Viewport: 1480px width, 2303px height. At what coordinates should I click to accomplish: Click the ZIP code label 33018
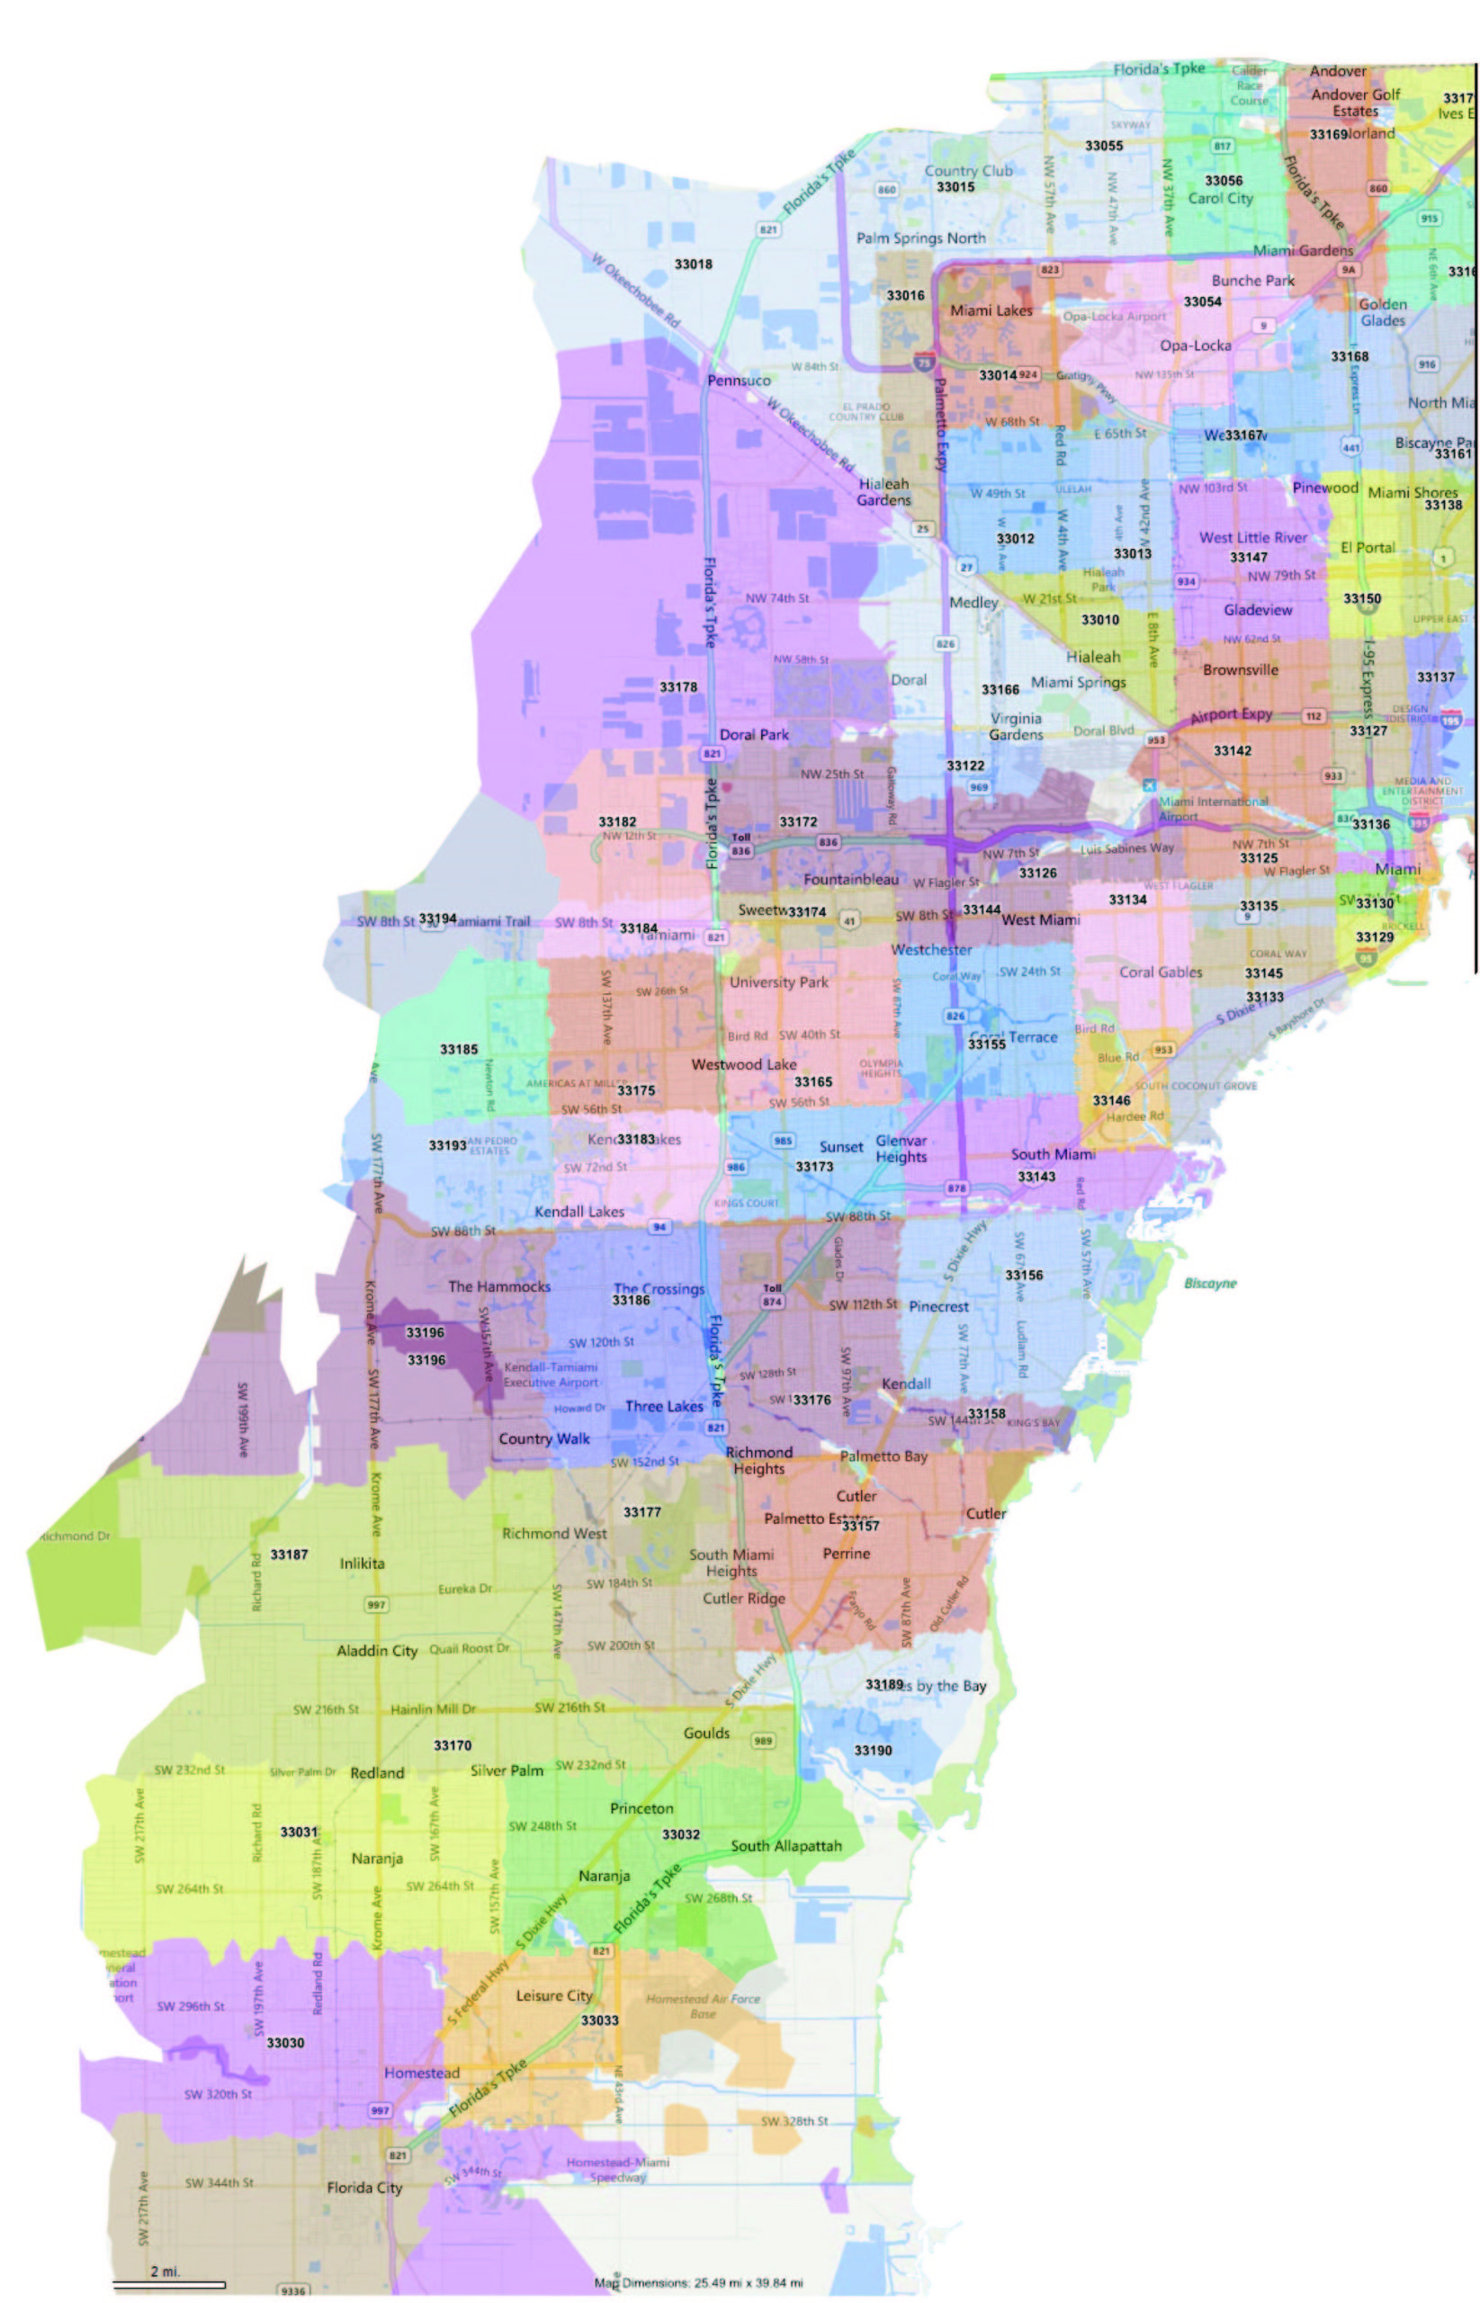point(693,264)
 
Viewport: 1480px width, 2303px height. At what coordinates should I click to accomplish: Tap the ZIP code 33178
point(677,687)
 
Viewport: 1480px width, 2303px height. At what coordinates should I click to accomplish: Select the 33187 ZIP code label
point(288,1555)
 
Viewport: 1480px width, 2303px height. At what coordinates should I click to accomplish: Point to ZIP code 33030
point(284,2043)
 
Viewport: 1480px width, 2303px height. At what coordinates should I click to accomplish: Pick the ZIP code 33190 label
point(873,1751)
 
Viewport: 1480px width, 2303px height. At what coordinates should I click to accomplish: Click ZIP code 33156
point(1024,1275)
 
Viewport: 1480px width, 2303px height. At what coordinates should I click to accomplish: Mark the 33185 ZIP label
point(459,1049)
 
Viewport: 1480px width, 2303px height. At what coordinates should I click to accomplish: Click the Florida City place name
point(364,2188)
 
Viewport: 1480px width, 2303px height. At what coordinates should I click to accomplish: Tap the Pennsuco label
point(738,381)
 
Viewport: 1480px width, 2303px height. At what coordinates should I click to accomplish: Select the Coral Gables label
point(1160,972)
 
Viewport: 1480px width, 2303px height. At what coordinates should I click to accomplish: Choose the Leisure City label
point(553,1995)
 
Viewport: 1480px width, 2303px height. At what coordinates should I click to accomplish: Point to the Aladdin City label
point(377,1651)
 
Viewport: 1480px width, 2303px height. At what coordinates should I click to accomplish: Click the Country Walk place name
point(544,1438)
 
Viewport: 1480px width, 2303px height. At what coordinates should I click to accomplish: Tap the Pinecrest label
point(938,1306)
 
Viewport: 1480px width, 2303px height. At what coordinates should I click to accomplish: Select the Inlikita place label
point(362,1564)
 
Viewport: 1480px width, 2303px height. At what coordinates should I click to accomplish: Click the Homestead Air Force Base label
point(703,2006)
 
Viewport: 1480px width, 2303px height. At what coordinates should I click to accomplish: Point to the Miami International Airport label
point(1213,809)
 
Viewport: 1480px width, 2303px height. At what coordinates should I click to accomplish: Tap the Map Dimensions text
point(698,2283)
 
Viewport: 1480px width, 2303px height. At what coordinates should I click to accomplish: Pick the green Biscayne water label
point(1210,1283)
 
